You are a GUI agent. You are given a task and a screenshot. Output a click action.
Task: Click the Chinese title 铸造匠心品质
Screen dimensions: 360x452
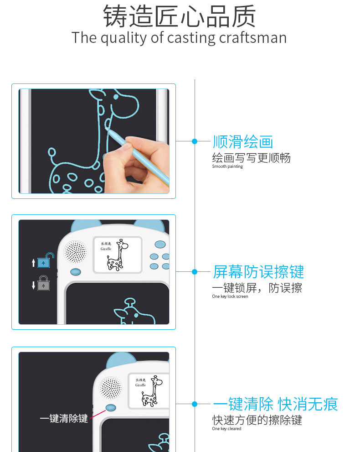(180, 16)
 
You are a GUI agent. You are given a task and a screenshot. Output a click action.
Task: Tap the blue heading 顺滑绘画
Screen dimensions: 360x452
(243, 141)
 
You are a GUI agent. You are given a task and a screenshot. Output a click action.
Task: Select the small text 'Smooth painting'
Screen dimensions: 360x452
(227, 166)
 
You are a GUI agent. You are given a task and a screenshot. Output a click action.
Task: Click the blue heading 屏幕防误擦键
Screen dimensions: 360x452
(258, 272)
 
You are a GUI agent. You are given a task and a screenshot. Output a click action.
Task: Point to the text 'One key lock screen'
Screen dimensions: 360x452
(230, 296)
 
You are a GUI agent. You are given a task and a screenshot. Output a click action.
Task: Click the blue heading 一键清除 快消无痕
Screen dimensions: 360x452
(275, 404)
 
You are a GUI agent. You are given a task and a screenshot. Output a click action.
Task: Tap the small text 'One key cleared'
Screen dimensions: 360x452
(226, 429)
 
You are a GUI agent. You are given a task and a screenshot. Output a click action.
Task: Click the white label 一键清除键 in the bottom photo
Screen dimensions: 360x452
(64, 418)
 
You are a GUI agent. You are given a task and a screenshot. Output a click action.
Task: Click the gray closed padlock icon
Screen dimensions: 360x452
(43, 283)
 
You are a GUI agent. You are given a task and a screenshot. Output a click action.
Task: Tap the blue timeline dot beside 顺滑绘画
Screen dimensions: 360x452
(195, 141)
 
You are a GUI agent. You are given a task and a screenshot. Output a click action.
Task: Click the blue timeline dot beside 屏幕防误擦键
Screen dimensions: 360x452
(195, 271)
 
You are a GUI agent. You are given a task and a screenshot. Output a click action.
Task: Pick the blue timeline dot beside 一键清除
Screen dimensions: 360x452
(195, 404)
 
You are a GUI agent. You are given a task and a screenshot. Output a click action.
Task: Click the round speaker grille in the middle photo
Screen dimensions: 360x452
(76, 252)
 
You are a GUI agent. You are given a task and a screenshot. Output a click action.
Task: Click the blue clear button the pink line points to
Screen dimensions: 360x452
(111, 408)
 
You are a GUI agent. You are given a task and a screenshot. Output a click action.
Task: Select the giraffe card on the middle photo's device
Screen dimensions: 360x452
(118, 255)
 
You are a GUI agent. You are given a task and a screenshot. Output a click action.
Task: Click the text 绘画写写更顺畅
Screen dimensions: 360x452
(251, 158)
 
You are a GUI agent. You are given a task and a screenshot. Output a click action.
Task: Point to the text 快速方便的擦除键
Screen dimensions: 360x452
(257, 420)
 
